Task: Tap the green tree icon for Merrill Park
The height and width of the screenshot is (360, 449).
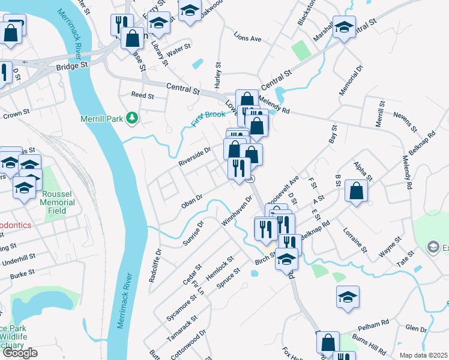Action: coord(131,119)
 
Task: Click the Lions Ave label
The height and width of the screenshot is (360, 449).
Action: coord(248,38)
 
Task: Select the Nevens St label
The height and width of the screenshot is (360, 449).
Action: coord(405,121)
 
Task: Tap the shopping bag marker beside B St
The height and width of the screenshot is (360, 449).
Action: coord(357,191)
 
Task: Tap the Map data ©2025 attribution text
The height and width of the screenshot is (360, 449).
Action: coord(423,355)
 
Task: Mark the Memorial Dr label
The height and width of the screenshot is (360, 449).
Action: coord(351,80)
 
